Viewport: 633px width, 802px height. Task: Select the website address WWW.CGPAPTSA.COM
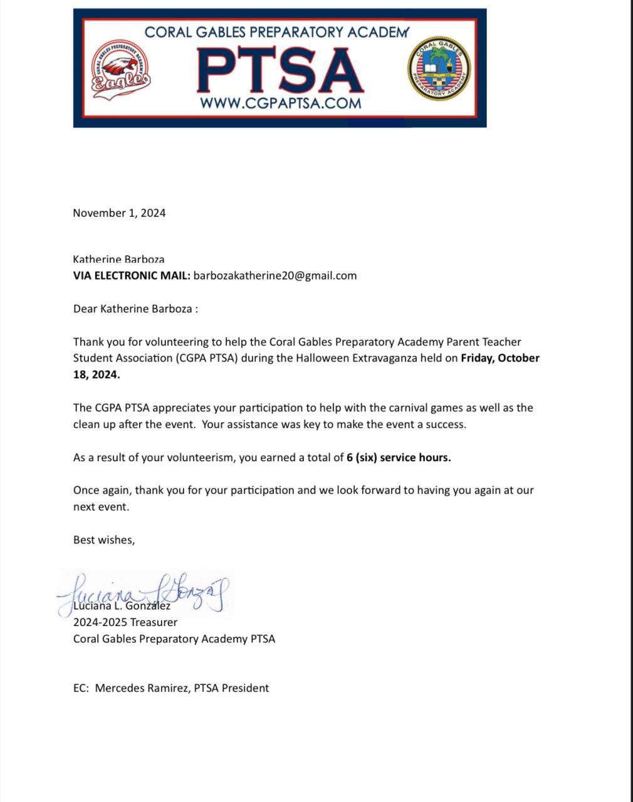[280, 103]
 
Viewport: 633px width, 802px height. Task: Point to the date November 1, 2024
[119, 213]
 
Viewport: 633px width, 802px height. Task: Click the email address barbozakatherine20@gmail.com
[275, 276]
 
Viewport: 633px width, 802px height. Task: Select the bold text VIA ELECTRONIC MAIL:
[132, 276]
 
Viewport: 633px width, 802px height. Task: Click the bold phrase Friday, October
[500, 358]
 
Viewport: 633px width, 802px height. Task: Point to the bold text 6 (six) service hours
[399, 457]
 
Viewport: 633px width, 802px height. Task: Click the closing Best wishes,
[104, 539]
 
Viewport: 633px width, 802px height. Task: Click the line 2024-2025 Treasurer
[125, 622]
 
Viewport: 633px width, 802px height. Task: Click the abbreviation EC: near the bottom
[81, 688]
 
